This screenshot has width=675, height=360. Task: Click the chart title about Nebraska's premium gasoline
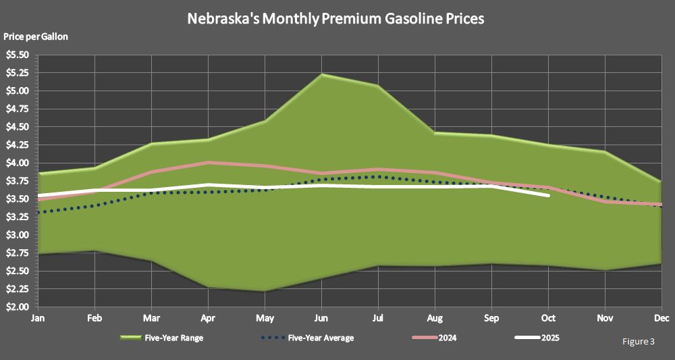pos(335,19)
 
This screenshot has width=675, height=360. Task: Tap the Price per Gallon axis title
pos(36,36)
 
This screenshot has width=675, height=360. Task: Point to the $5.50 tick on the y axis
pos(17,55)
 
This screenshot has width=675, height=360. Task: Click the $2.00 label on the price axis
pos(17,307)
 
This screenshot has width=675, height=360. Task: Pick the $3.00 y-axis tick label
pos(17,235)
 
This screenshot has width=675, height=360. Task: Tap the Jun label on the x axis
pos(323,318)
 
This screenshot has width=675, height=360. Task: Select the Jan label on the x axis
pos(39,318)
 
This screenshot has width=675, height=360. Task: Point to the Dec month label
pos(661,318)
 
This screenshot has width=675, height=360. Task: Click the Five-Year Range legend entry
pos(161,338)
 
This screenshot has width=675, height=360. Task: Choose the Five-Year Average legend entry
pos(307,338)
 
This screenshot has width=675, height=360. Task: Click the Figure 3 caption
pos(638,342)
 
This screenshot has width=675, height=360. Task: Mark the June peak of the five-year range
pos(323,74)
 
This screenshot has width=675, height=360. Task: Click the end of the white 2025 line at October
pos(549,195)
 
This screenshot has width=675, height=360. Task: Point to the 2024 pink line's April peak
pos(209,162)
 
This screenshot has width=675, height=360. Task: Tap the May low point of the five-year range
pos(266,291)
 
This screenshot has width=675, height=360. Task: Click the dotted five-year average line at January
pos(39,212)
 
